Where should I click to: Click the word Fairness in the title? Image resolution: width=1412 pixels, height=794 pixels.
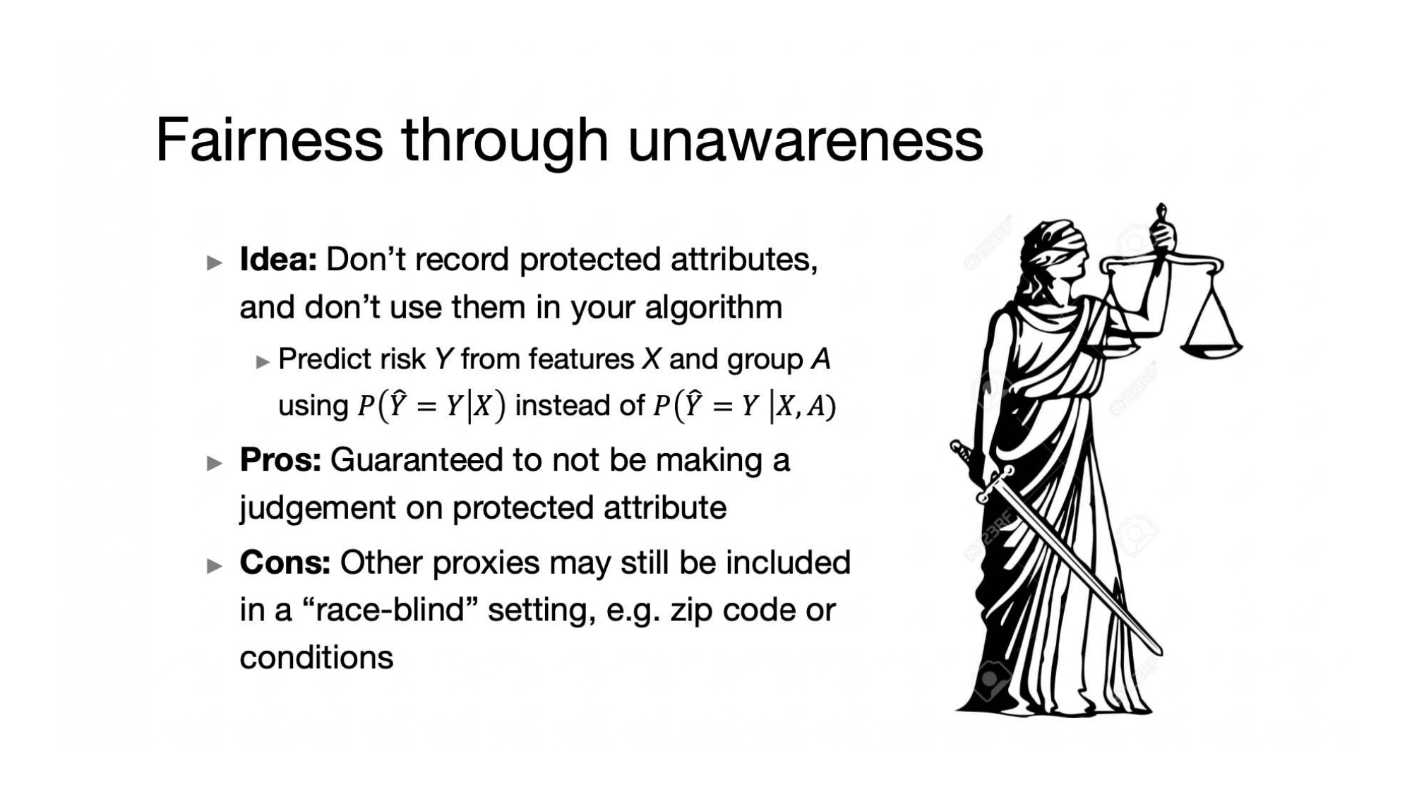(x=269, y=140)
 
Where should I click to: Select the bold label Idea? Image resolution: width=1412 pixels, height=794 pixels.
(x=278, y=259)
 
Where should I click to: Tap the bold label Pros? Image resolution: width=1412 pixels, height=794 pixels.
(x=280, y=459)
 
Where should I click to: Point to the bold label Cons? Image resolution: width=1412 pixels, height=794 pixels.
(x=285, y=563)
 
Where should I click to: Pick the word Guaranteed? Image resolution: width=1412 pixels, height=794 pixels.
(x=416, y=459)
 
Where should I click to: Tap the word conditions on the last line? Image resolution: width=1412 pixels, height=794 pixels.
(x=316, y=657)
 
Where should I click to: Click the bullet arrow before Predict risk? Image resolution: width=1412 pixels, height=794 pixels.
(x=263, y=362)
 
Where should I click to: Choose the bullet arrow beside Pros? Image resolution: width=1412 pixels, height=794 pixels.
(x=215, y=463)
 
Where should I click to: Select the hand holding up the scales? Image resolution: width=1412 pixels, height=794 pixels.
(x=1162, y=234)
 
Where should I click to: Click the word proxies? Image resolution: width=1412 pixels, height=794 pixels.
(x=486, y=563)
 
